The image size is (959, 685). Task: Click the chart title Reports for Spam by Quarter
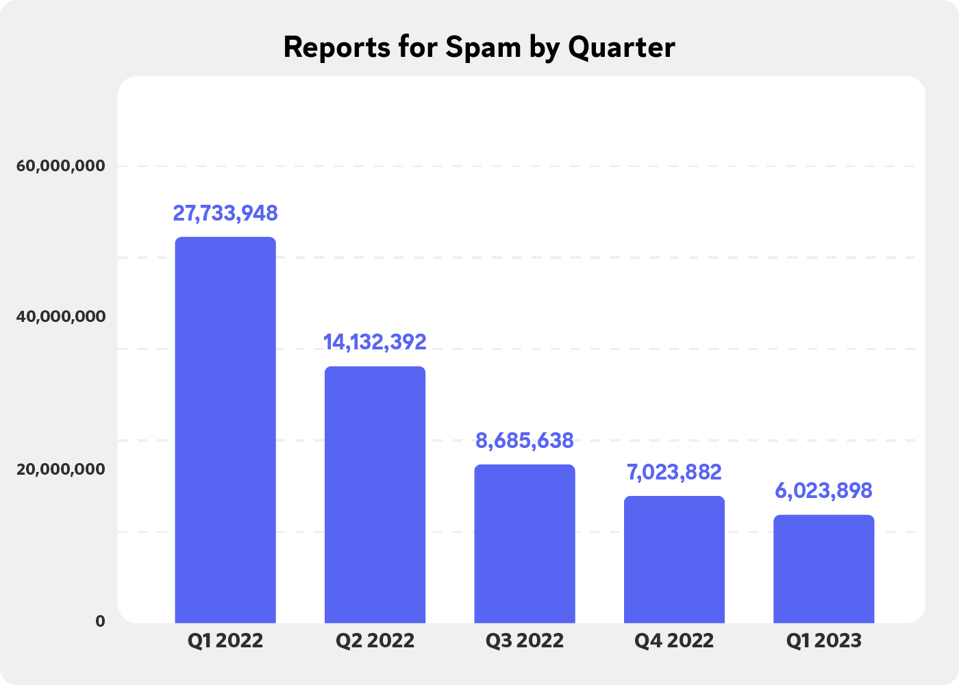tap(479, 47)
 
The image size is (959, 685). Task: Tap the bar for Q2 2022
tap(375, 494)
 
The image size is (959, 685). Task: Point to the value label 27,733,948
tap(225, 213)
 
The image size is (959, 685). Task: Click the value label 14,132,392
tap(375, 342)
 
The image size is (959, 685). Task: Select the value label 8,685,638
tap(525, 440)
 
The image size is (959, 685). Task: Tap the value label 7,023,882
tap(674, 472)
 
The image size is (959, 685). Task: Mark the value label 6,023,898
tap(823, 490)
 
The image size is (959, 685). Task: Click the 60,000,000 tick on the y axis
tap(62, 166)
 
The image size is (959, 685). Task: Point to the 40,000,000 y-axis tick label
tap(62, 317)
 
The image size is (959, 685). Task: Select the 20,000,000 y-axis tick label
tap(62, 469)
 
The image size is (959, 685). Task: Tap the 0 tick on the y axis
tap(100, 621)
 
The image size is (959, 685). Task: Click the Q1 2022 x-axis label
tap(225, 641)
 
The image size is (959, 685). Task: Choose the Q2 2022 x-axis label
tap(375, 641)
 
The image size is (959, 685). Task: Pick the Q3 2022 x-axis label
tap(525, 641)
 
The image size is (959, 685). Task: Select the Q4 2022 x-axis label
tap(674, 641)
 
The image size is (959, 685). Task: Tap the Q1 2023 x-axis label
tap(823, 641)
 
